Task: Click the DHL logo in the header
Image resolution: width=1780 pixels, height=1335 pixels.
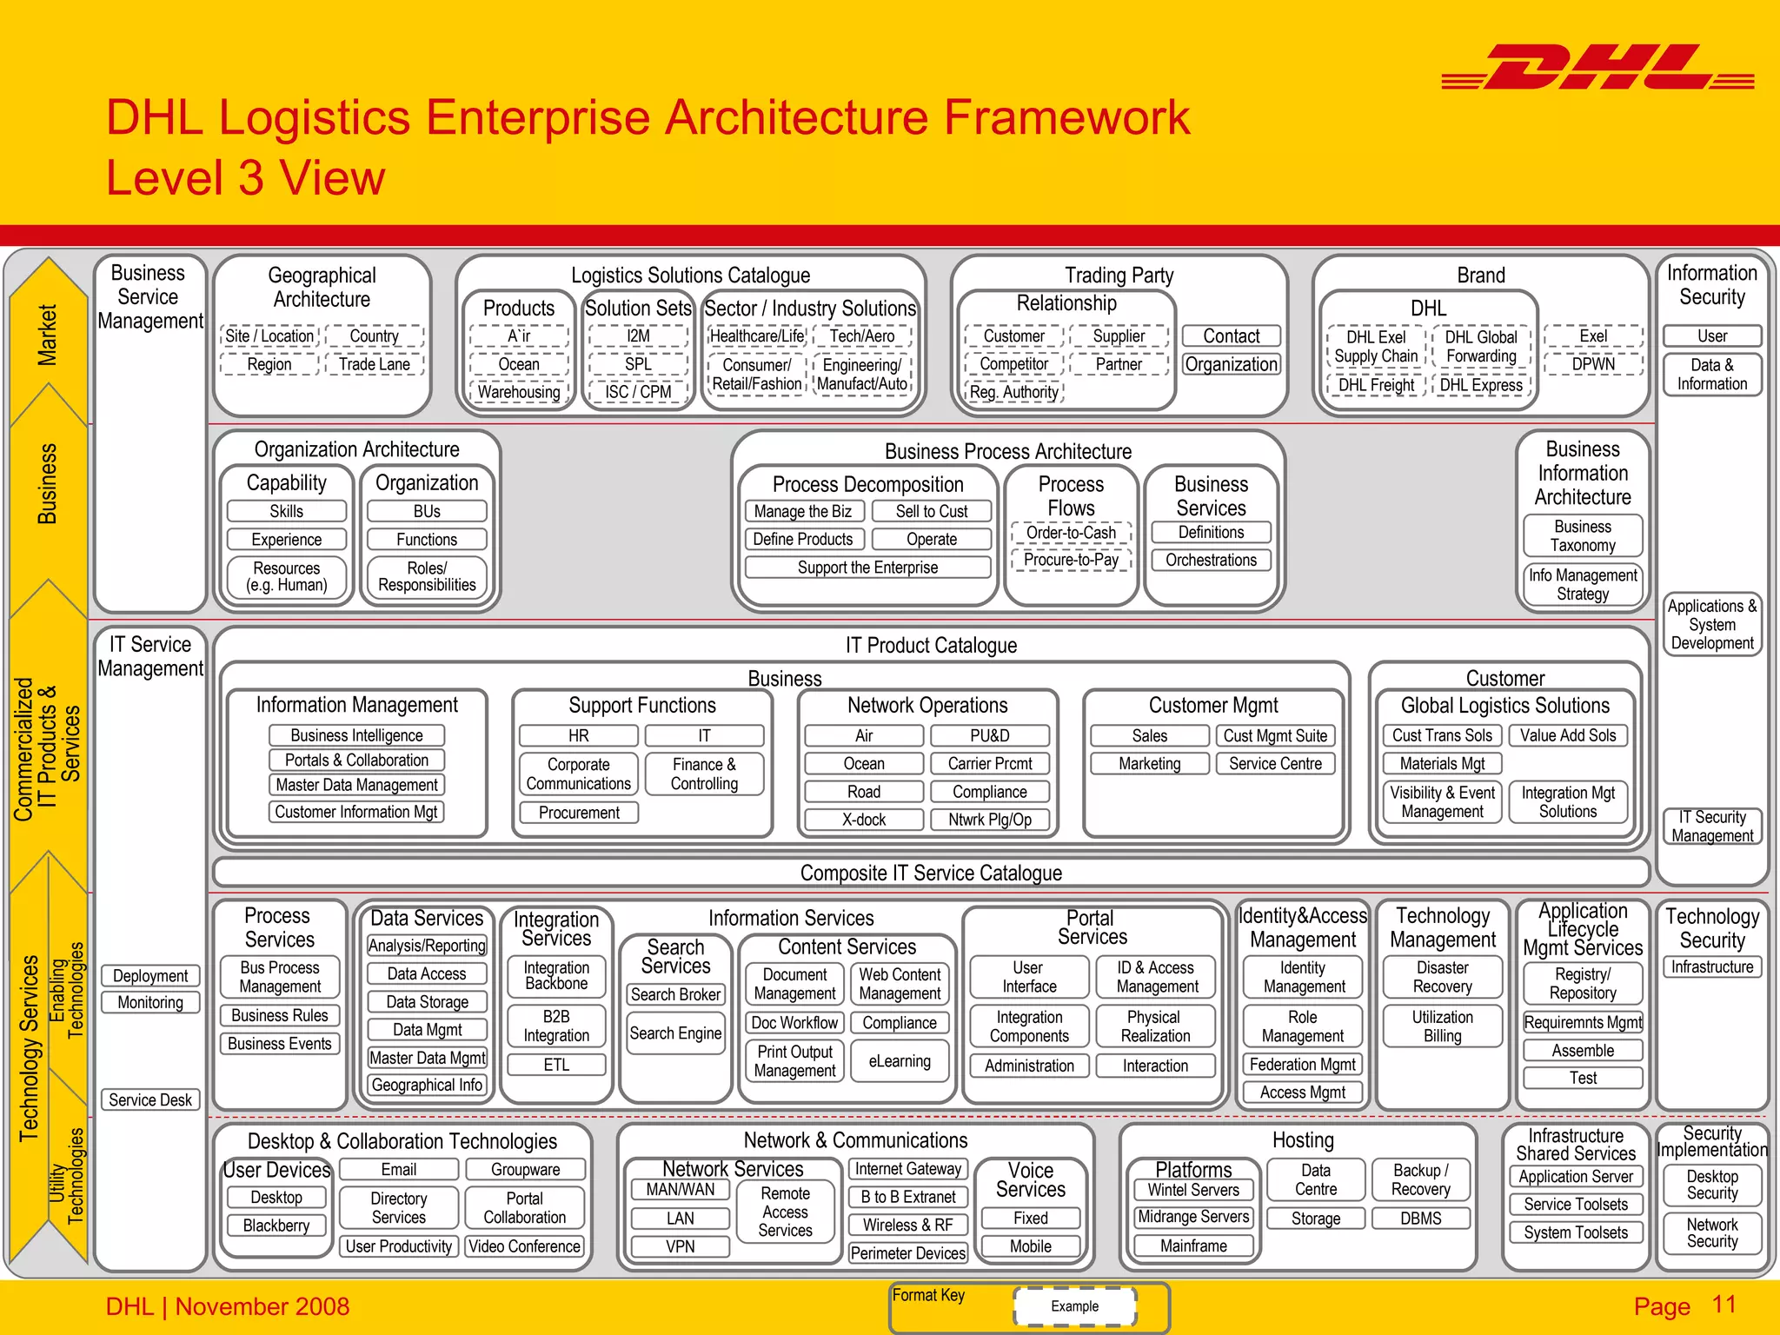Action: tap(1597, 68)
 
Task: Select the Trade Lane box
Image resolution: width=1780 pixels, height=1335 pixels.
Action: tap(375, 364)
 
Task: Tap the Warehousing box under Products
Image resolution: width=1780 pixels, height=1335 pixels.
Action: tap(519, 392)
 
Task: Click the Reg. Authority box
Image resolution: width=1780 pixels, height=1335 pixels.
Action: tap(1014, 392)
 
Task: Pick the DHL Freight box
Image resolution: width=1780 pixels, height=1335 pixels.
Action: tap(1376, 385)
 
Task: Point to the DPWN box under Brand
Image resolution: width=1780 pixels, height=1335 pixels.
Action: tap(1593, 364)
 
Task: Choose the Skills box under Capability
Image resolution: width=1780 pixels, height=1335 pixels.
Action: tap(287, 511)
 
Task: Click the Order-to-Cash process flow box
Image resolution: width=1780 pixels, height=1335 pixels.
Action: tap(1071, 532)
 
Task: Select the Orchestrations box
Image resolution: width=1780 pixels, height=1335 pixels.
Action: tap(1211, 560)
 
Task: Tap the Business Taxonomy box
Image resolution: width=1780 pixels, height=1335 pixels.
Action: tap(1583, 535)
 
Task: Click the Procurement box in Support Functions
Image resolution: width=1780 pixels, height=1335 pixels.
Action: tap(579, 813)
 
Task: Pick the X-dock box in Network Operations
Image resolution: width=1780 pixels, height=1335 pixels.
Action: tap(864, 820)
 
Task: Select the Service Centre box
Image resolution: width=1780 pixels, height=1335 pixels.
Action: tap(1275, 763)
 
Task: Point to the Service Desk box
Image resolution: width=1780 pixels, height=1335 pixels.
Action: tap(150, 1099)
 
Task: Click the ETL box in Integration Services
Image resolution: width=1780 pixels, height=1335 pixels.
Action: tap(556, 1065)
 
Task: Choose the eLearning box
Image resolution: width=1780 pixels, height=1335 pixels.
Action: tap(900, 1060)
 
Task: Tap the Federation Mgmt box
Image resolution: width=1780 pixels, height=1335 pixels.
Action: tap(1303, 1064)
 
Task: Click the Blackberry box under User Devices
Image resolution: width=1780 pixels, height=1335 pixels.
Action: tap(276, 1225)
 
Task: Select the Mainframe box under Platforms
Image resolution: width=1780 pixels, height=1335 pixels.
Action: tap(1193, 1245)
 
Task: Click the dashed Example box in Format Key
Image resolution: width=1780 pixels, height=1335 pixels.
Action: tap(1074, 1306)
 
